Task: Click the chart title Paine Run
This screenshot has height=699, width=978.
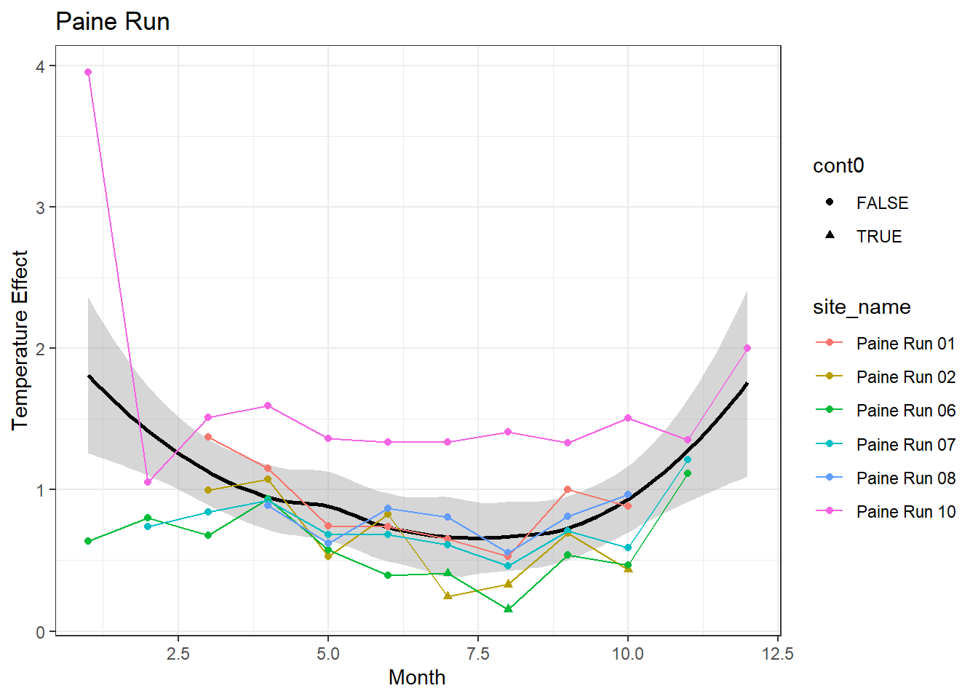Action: pyautogui.click(x=113, y=22)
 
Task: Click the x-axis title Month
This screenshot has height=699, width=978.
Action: pyautogui.click(x=417, y=677)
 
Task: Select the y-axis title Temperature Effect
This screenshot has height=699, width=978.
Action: pyautogui.click(x=20, y=340)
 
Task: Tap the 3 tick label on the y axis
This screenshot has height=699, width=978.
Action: pyautogui.click(x=41, y=208)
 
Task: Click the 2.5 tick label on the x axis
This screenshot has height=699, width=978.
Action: pyautogui.click(x=178, y=654)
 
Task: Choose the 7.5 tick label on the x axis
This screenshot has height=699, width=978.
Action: pyautogui.click(x=478, y=654)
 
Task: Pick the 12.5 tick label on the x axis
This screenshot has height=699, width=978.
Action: pyautogui.click(x=778, y=654)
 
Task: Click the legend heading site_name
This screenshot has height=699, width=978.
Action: pyautogui.click(x=862, y=307)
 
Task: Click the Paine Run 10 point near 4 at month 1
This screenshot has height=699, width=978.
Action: pyautogui.click(x=88, y=72)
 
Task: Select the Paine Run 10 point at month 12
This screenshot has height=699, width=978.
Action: pyautogui.click(x=747, y=348)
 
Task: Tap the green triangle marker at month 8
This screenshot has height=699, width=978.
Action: pyautogui.click(x=508, y=609)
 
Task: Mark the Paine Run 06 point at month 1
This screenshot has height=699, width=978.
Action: pyautogui.click(x=88, y=541)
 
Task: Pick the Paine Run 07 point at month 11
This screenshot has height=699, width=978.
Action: pyautogui.click(x=688, y=459)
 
